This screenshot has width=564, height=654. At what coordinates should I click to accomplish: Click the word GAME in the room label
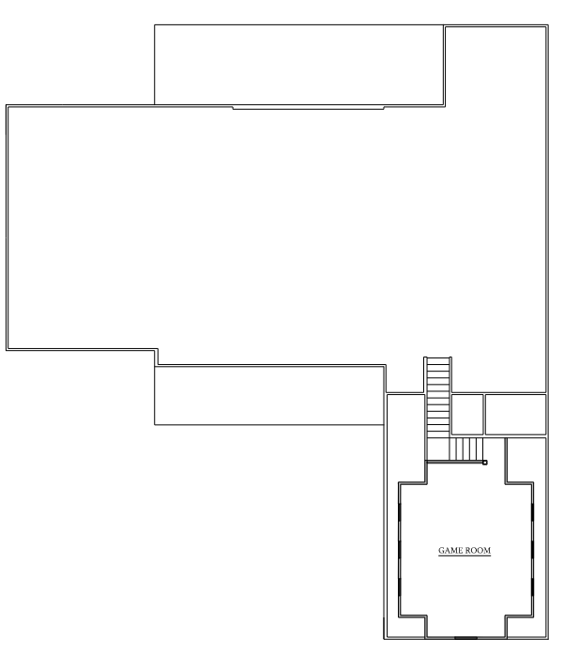[x=450, y=551]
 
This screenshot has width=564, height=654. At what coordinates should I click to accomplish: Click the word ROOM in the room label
[x=478, y=551]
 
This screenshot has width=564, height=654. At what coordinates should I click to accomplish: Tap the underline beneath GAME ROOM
[x=465, y=556]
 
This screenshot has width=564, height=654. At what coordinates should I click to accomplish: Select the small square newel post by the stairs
[x=485, y=463]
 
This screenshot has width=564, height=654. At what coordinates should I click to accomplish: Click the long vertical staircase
[x=438, y=409]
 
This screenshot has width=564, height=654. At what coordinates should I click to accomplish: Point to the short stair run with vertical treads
[x=466, y=449]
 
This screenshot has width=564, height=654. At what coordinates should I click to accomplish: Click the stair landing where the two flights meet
[x=438, y=449]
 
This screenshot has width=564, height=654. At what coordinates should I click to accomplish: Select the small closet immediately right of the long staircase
[x=467, y=414]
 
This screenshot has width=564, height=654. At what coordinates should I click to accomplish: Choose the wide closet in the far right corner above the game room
[x=515, y=414]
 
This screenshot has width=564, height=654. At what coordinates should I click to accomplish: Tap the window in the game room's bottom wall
[x=466, y=638]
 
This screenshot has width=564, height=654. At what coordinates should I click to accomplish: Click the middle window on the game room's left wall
[x=400, y=551]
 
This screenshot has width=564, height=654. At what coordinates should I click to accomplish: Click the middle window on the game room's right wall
[x=532, y=551]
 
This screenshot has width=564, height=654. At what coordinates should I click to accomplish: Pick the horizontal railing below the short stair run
[x=455, y=462]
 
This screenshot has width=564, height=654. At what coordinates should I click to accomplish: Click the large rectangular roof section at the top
[x=298, y=65]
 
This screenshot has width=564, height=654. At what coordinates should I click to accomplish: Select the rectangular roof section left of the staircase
[x=269, y=395]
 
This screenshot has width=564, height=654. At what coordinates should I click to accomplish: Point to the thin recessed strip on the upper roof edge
[x=308, y=108]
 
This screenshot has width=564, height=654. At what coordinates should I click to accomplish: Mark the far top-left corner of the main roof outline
[x=7, y=105]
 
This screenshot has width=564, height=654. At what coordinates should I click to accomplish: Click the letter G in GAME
[x=441, y=551]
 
